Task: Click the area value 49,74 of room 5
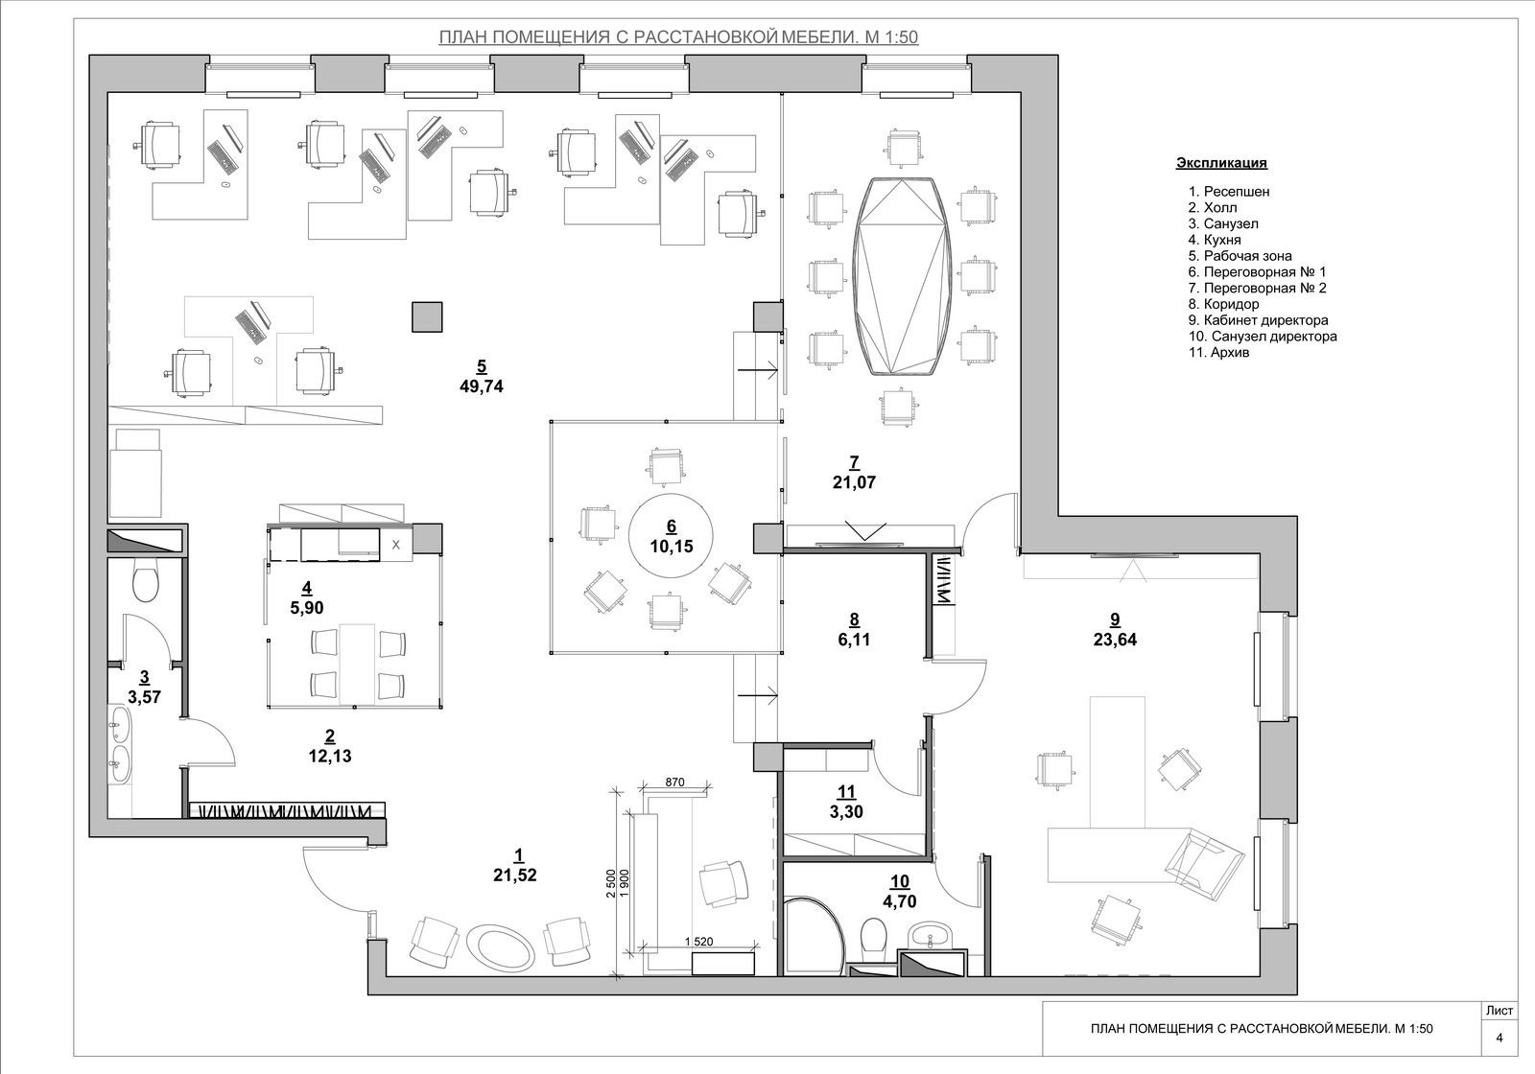(x=481, y=386)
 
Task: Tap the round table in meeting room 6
(x=671, y=535)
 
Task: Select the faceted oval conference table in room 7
(x=903, y=276)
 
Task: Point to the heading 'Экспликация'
(x=1222, y=163)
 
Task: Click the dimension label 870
(x=674, y=782)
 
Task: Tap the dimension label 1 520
(x=698, y=942)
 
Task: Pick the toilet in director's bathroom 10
(x=874, y=936)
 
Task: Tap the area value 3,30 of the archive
(x=846, y=812)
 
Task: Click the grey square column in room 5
(x=427, y=317)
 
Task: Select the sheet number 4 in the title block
(x=1500, y=1038)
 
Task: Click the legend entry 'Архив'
(x=1219, y=352)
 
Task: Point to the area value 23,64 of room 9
(x=1115, y=640)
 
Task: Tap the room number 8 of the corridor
(x=854, y=619)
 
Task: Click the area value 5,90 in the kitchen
(x=307, y=608)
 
